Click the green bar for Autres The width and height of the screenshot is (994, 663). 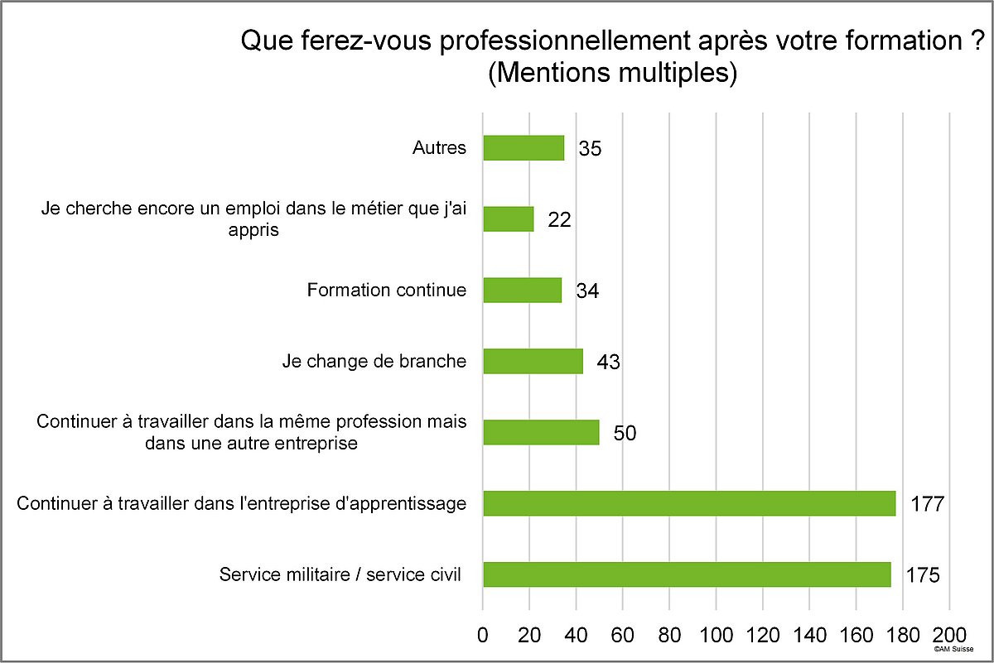[524, 148]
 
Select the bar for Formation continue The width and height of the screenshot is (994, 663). [522, 291]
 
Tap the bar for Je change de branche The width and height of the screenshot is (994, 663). [533, 362]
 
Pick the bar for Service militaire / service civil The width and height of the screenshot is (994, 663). [687, 574]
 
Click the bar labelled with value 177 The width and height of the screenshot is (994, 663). [689, 503]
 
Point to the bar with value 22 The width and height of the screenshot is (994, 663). [508, 219]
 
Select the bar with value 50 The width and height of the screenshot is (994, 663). [541, 432]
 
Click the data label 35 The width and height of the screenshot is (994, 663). [590, 150]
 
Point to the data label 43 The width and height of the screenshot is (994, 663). [608, 363]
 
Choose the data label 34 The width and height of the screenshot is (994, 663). [587, 291]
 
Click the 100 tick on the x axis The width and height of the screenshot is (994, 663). [717, 636]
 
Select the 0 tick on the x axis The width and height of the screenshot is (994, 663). [483, 636]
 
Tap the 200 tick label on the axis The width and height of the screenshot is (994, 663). [950, 636]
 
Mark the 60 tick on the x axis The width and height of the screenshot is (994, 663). [623, 636]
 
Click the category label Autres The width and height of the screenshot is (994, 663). [439, 149]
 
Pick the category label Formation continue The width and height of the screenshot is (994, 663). [386, 291]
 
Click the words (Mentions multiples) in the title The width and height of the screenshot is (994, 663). [613, 74]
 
